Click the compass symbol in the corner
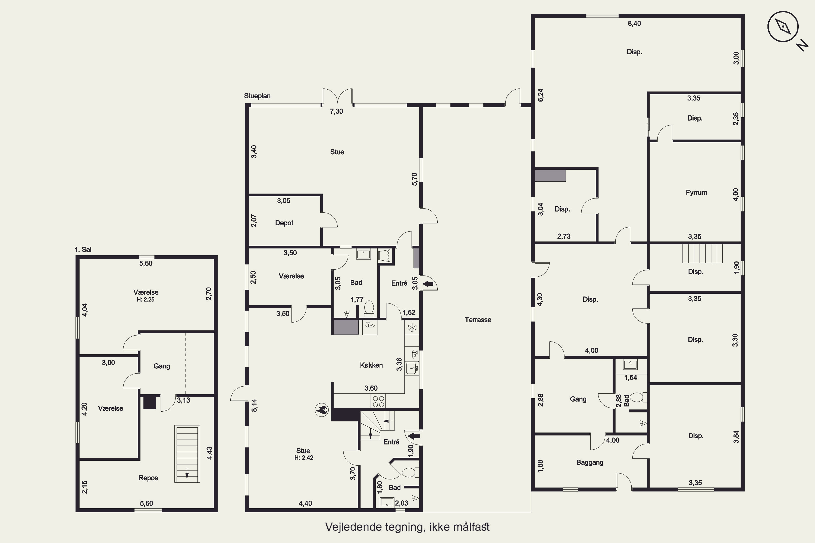(x=783, y=27)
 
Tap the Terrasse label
(x=478, y=320)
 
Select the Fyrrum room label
(x=696, y=192)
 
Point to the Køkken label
(x=371, y=365)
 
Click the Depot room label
(x=284, y=223)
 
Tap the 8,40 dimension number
(x=634, y=24)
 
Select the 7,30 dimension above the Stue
(x=337, y=111)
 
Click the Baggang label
(x=590, y=462)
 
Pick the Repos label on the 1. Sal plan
(x=148, y=478)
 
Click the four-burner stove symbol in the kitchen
(x=378, y=401)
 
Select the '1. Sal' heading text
(x=83, y=250)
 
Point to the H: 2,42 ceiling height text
(x=304, y=458)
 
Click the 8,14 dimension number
(x=254, y=406)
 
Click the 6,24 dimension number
(x=541, y=95)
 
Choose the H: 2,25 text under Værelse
(x=146, y=299)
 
